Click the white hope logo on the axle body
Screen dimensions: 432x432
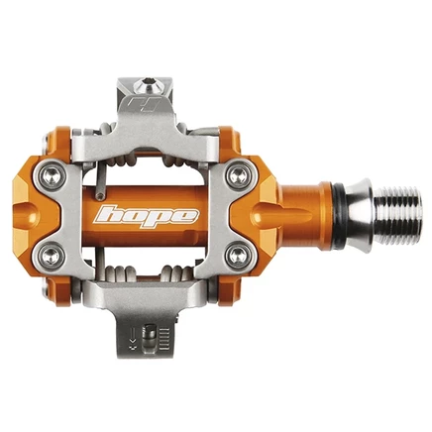[x=147, y=217]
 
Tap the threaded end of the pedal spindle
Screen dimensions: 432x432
[x=398, y=216]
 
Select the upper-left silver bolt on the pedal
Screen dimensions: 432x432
[x=52, y=175]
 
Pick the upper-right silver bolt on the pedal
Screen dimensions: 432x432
[x=240, y=174]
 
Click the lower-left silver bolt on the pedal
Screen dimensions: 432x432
[x=52, y=255]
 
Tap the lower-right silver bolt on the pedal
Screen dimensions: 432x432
[x=240, y=255]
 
